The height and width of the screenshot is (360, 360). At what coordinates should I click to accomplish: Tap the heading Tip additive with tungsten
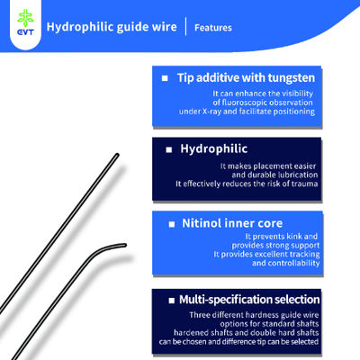(x=244, y=78)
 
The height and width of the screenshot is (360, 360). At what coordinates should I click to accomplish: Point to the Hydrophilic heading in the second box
(x=213, y=145)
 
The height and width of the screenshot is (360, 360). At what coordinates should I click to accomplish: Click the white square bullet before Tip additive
(x=166, y=79)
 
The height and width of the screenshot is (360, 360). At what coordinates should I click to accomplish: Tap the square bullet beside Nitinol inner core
(x=171, y=222)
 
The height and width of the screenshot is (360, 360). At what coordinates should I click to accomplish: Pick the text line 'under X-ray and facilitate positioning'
(x=263, y=112)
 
